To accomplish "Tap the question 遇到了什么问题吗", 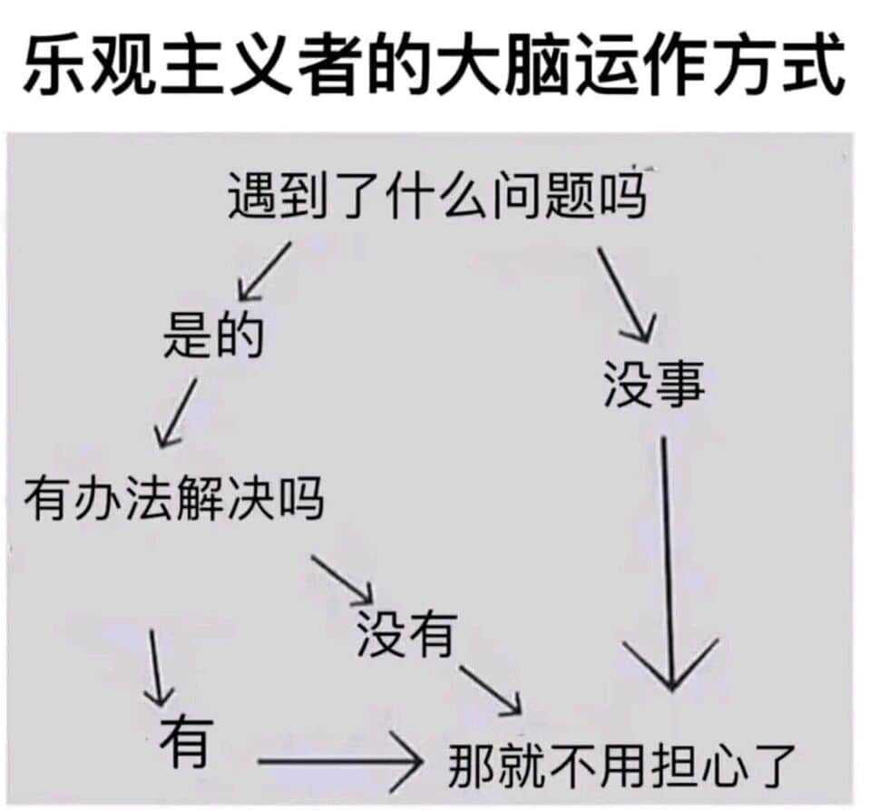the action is pos(437,196).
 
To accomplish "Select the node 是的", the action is pos(213,335).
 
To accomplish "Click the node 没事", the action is pos(653,384).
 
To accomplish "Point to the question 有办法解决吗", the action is pos(173,498).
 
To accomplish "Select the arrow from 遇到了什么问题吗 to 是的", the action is pos(264,270).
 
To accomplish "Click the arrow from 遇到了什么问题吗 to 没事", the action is pos(627,295).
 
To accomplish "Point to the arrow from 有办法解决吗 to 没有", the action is pos(342,580).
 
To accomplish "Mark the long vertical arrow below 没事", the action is pos(668,563).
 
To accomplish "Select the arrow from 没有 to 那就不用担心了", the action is pos(490,689).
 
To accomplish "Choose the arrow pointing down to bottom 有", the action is pos(156,668).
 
